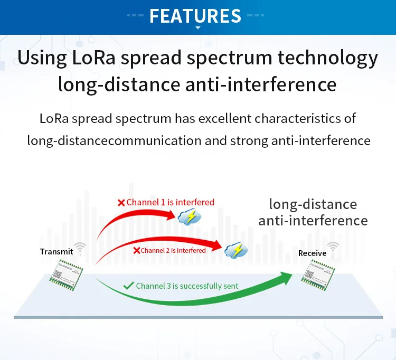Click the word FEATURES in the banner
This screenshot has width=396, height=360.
click(195, 15)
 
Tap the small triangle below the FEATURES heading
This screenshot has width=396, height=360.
click(198, 27)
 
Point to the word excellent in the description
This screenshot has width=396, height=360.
click(225, 118)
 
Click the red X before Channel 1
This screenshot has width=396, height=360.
click(121, 202)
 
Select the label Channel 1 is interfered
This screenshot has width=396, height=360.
click(170, 202)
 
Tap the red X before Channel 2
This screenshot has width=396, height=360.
click(136, 250)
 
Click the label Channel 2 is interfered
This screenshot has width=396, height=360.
click(173, 250)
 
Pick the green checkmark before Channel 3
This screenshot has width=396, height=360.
click(128, 286)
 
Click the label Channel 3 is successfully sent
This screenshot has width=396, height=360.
click(187, 286)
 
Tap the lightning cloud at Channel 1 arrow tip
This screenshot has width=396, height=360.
click(189, 216)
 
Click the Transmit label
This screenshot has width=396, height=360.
click(56, 251)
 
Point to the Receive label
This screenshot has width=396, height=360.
click(312, 253)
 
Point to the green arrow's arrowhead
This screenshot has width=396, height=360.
click(286, 278)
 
